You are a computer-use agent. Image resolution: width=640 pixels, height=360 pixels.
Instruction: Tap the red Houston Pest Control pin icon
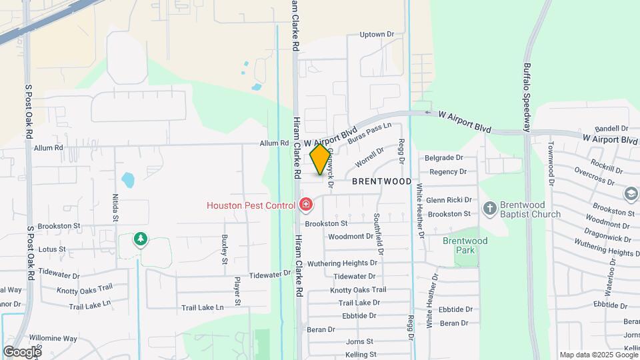306,204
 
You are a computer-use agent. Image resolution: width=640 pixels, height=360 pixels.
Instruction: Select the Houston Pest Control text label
251,205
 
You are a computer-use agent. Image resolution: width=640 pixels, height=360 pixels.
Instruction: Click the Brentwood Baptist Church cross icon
490,209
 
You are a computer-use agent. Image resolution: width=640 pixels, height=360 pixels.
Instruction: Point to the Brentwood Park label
465,245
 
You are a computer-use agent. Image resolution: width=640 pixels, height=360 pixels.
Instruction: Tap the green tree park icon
140,239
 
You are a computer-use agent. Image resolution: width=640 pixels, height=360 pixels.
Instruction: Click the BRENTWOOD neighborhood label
381,181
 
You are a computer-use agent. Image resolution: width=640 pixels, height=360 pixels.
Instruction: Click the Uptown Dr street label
377,35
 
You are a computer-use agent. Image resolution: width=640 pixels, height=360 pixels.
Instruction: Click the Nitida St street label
115,207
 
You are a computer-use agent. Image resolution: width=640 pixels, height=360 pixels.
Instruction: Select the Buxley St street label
225,245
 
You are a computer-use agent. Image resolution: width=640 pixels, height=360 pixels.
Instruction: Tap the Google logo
22,351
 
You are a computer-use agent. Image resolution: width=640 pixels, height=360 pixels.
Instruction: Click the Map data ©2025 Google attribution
598,355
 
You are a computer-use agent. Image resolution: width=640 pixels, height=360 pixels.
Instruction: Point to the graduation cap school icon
631,194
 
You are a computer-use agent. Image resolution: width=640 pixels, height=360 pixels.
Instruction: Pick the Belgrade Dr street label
445,158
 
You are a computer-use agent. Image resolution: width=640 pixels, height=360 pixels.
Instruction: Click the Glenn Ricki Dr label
449,200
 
